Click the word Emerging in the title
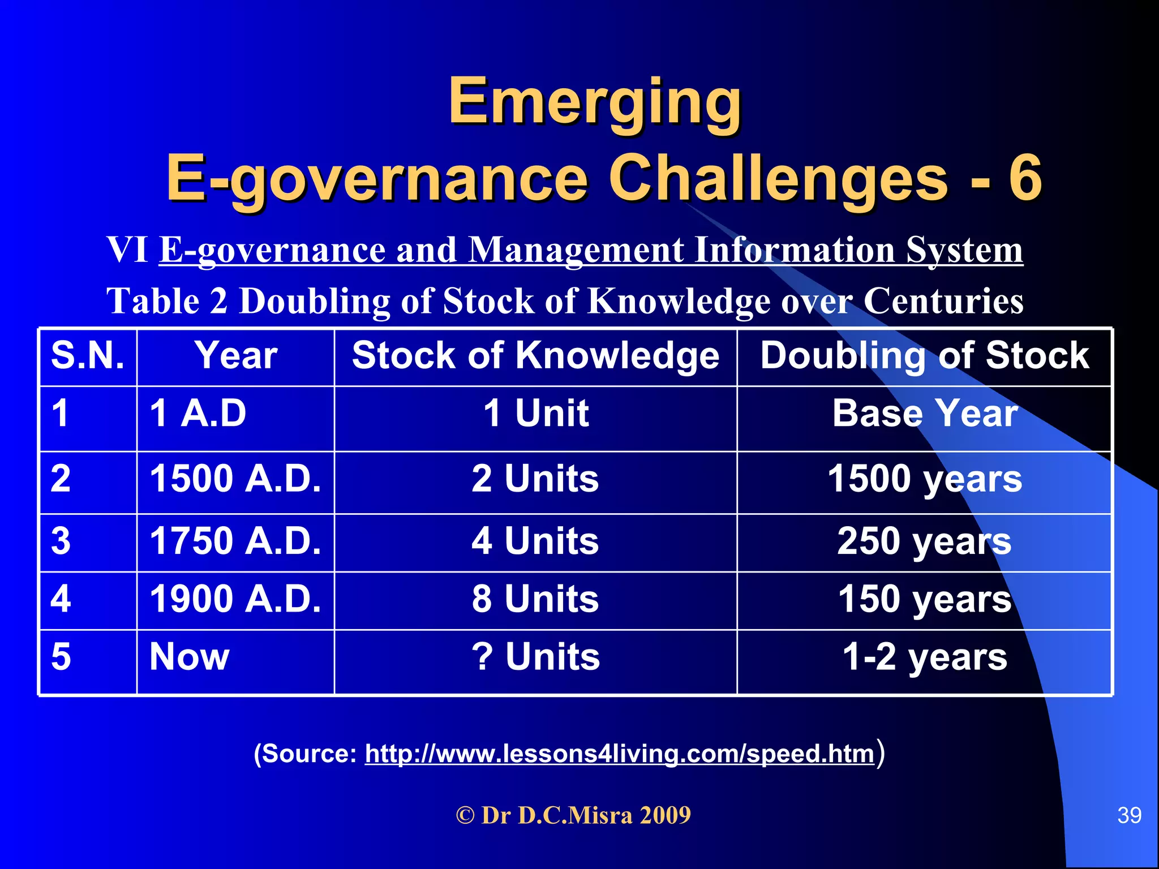594,102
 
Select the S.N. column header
88,356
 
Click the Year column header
236,356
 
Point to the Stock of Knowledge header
535,356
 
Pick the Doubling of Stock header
924,356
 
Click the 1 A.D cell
198,414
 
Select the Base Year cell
925,414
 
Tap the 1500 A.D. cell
235,479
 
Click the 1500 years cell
925,479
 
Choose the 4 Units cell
535,541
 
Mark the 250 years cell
924,541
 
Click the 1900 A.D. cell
235,599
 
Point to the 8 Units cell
535,599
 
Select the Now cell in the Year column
190,657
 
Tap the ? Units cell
535,657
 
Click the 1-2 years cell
925,657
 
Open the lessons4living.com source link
620,754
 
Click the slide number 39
1129,815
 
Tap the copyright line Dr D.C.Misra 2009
573,815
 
